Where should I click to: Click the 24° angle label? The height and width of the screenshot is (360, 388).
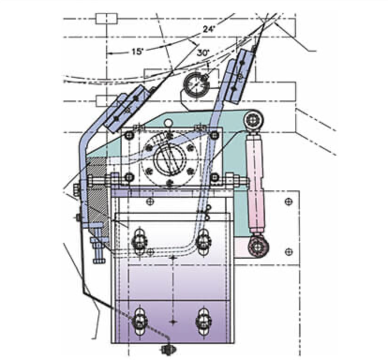[x=209, y=29]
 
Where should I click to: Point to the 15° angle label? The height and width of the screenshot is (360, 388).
[x=137, y=52]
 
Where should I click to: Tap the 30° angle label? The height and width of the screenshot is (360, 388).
[x=203, y=53]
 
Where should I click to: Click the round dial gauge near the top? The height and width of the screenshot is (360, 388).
[x=196, y=84]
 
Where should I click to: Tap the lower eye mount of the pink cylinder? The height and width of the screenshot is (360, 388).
[x=258, y=247]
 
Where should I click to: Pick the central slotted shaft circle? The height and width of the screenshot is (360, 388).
[x=170, y=160]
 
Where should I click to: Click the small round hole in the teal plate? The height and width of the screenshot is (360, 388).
[x=168, y=122]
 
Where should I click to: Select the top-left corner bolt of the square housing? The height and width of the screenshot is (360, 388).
[x=129, y=135]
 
